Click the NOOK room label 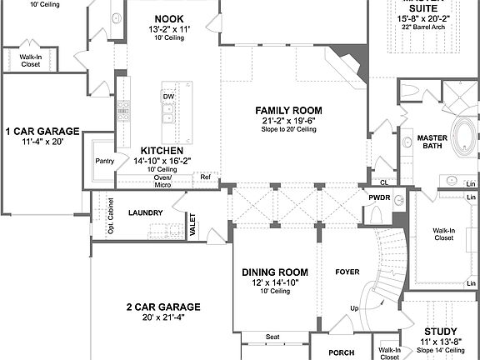coord(169,17)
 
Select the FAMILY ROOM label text coord(288,110)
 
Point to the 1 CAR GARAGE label coord(42,131)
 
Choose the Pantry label coord(105,161)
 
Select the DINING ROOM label coord(274,272)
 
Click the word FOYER coord(347,272)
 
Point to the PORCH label coord(342,352)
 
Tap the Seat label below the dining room coord(272,337)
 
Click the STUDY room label coord(441,331)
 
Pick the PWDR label coord(379,197)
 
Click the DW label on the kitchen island coord(168,96)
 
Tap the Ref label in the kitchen coord(205,177)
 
